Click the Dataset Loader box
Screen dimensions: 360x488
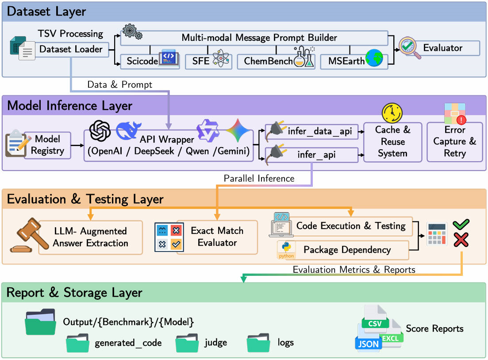71,50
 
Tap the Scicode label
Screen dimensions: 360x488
142,61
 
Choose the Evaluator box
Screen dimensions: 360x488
443,48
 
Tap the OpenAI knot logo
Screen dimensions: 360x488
100,131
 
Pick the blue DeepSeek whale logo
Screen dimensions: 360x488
129,130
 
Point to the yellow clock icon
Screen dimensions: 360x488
392,113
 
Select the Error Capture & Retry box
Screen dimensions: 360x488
455,142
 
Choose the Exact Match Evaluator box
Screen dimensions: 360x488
217,237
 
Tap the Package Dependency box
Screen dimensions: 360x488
347,250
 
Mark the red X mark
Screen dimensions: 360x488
461,240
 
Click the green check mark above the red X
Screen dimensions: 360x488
461,225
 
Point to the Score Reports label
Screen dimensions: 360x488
434,329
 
